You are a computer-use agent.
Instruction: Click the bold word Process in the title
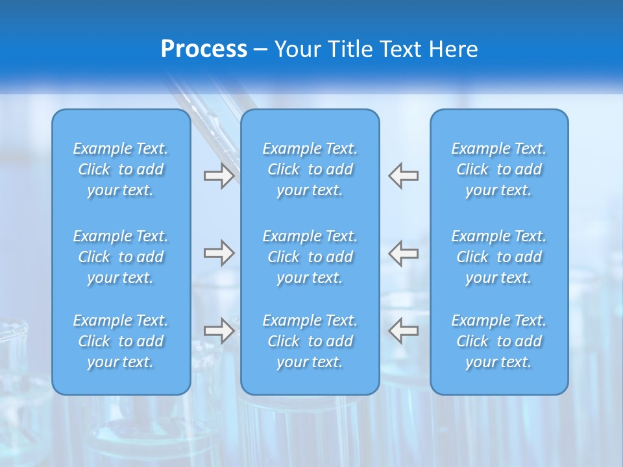(x=204, y=49)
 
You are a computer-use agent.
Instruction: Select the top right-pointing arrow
(x=219, y=176)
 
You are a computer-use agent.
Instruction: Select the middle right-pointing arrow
(x=219, y=253)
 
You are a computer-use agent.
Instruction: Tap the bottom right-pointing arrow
(x=219, y=331)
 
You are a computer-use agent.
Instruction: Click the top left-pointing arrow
(x=403, y=176)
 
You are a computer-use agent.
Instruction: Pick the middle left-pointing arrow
(x=403, y=253)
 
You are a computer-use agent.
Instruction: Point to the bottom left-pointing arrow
(x=403, y=331)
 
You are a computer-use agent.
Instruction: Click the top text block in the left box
(x=121, y=169)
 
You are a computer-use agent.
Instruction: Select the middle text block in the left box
(x=121, y=257)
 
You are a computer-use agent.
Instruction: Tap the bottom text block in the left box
(x=121, y=341)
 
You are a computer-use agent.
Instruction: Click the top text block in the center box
(x=310, y=169)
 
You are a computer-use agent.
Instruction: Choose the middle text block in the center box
(x=310, y=257)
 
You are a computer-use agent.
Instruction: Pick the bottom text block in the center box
(x=310, y=341)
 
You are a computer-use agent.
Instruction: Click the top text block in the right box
(x=499, y=169)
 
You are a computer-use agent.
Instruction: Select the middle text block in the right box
(x=499, y=257)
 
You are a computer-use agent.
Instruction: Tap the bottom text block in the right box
(x=499, y=341)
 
